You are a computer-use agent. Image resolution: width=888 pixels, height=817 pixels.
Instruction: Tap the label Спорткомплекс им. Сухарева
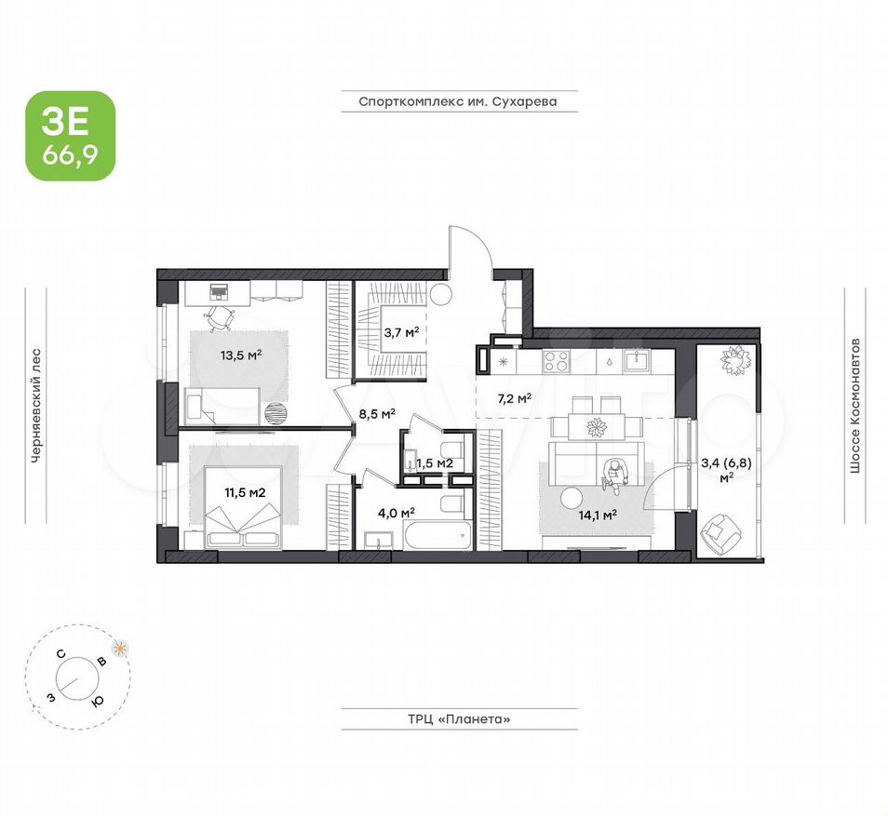tap(458, 101)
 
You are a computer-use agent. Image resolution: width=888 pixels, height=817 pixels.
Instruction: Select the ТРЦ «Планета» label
tap(459, 719)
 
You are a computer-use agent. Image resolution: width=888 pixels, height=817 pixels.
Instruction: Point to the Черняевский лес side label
tap(36, 406)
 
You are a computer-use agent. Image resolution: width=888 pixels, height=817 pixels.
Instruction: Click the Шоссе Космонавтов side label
tap(854, 406)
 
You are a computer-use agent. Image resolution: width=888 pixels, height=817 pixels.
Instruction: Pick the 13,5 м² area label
tap(241, 355)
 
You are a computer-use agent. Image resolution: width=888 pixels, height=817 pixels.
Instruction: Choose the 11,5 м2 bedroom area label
tap(245, 492)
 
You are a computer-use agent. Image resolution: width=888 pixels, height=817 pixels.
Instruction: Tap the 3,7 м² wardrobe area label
tap(401, 332)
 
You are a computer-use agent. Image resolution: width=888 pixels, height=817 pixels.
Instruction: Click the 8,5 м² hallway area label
tap(377, 413)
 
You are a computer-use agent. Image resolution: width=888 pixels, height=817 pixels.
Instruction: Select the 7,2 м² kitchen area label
tap(514, 398)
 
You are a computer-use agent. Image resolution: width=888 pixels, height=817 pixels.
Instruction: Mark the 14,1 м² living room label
tap(598, 515)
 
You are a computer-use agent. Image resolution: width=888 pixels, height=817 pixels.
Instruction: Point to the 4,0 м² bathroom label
tap(397, 513)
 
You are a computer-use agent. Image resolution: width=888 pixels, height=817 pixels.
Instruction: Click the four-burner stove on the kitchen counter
tap(556, 361)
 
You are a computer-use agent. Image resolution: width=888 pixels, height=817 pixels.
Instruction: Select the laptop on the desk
tap(219, 291)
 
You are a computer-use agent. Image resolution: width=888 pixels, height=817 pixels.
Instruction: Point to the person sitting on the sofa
tap(612, 475)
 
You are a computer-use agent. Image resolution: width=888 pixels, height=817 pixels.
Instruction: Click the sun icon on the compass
tap(120, 649)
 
